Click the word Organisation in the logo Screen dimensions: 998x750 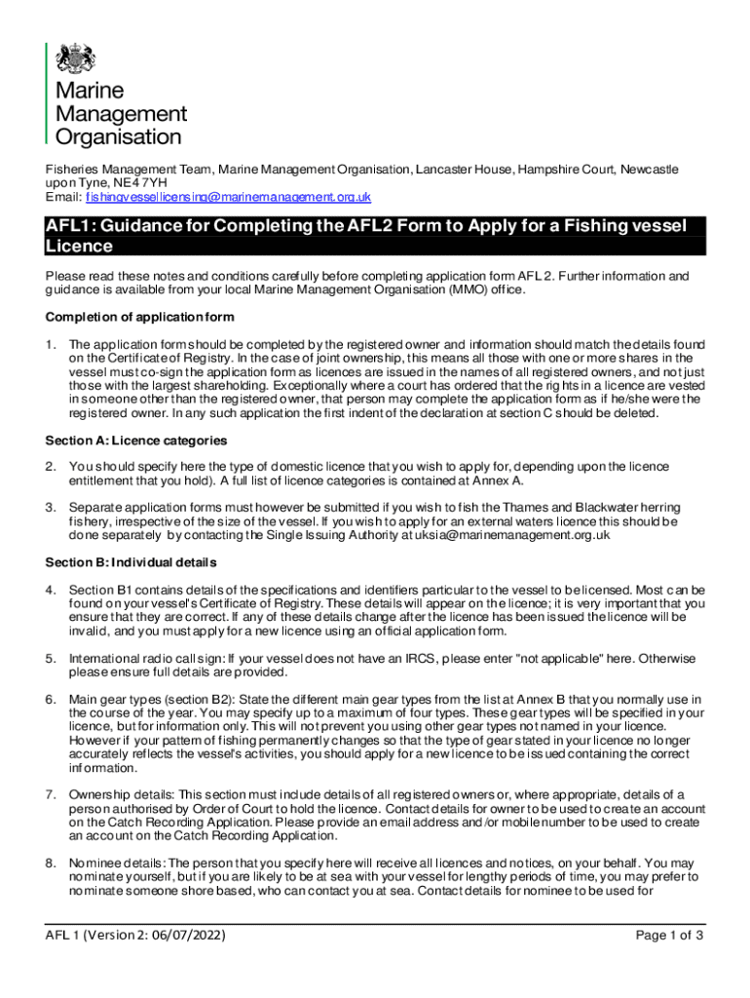[118, 137]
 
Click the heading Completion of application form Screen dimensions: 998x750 [139, 317]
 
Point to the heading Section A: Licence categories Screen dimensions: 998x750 [136, 441]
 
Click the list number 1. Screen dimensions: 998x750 [51, 344]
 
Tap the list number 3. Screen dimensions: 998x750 [51, 508]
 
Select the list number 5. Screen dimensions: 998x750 [51, 659]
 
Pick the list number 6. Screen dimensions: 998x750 [51, 700]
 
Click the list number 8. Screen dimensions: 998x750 [51, 864]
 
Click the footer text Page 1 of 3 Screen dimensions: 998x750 [669, 937]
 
